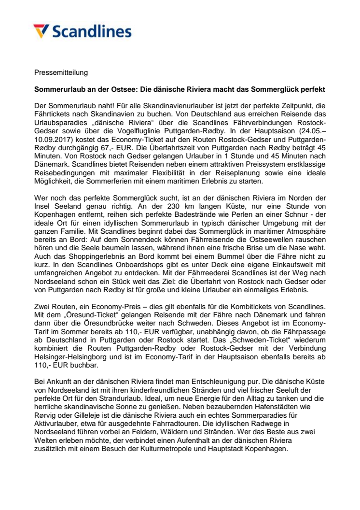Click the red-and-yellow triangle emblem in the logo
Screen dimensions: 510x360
point(42,31)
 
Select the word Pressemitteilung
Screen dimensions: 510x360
point(61,72)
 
